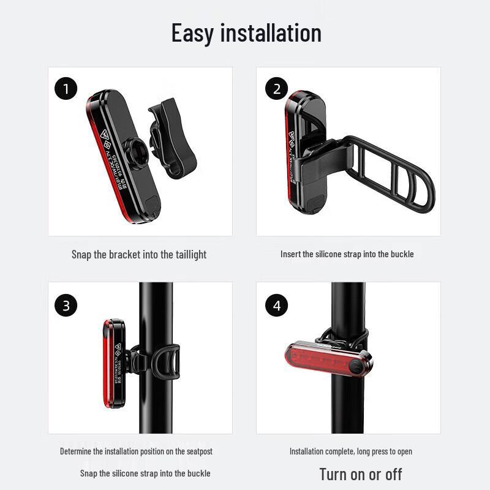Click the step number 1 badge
(66, 89)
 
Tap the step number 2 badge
(276, 89)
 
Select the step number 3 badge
(66, 305)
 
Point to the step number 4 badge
(276, 305)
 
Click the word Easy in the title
(192, 32)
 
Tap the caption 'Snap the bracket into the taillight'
(139, 254)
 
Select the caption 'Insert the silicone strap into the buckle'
(347, 254)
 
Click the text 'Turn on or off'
(360, 473)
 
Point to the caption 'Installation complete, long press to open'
(350, 451)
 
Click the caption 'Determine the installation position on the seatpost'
(136, 451)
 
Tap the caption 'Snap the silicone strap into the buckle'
(145, 473)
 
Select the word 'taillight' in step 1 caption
(187, 254)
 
